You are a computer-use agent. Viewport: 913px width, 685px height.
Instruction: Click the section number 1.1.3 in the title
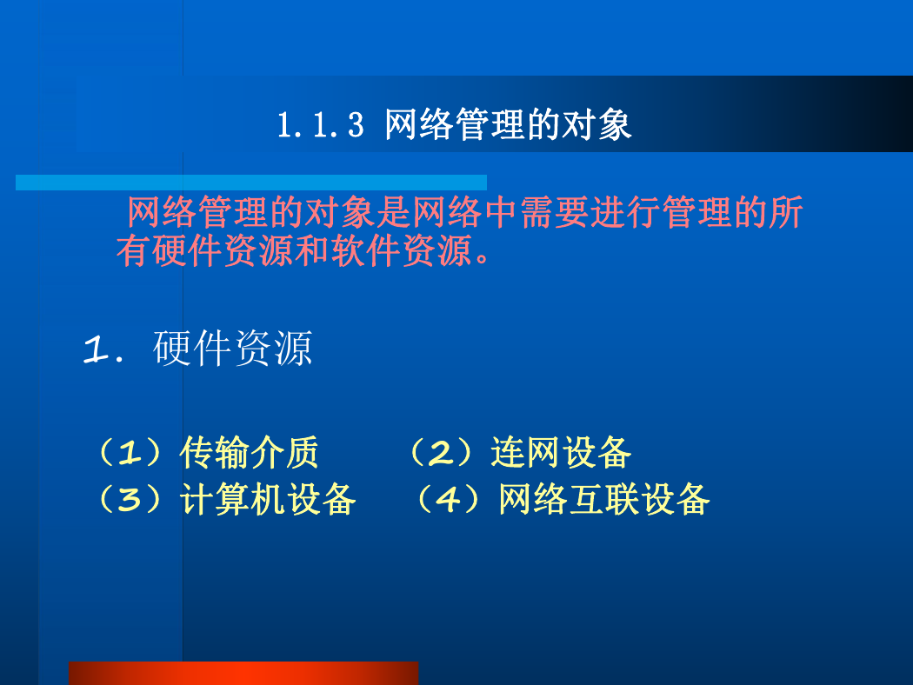click(x=321, y=125)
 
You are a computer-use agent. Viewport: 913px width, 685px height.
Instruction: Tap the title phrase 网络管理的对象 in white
click(x=509, y=124)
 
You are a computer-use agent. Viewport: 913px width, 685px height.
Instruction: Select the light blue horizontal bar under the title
click(x=251, y=183)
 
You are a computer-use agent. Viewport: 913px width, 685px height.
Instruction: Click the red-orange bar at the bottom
click(x=243, y=674)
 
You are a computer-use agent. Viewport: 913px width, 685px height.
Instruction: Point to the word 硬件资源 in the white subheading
click(x=233, y=348)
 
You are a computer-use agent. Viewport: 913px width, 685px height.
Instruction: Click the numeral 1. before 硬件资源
click(x=103, y=349)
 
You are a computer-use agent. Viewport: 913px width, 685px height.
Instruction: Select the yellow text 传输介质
click(x=250, y=452)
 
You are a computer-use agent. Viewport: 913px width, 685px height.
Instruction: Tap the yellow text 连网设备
click(x=561, y=452)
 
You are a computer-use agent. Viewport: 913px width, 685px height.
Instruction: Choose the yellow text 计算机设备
click(x=268, y=499)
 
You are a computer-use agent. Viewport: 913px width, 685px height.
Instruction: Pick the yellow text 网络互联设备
click(x=604, y=499)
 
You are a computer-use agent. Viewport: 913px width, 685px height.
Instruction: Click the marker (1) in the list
click(x=130, y=452)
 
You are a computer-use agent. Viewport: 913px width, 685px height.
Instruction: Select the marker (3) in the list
click(x=130, y=499)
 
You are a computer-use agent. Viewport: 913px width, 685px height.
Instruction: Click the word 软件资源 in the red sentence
click(x=402, y=251)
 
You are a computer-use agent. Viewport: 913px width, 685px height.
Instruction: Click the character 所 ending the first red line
click(x=786, y=212)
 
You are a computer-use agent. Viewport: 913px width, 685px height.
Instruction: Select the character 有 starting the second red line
click(x=133, y=251)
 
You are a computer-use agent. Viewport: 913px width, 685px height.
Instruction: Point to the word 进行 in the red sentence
click(x=625, y=212)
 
